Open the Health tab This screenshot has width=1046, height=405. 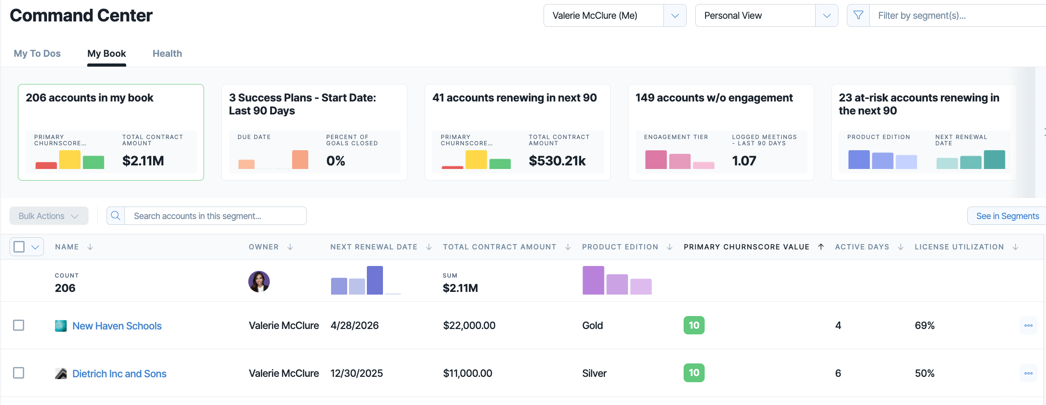[167, 54]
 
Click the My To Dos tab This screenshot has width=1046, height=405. [37, 54]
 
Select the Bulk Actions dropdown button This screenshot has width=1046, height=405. [49, 216]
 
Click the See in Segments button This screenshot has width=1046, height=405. [1007, 216]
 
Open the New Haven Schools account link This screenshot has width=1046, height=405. [117, 326]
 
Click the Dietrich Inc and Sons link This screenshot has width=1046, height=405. [119, 374]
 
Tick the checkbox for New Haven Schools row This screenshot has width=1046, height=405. [19, 325]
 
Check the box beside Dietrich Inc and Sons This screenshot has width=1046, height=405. [19, 373]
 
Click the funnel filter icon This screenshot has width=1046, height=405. [858, 16]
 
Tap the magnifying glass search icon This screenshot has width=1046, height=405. [115, 216]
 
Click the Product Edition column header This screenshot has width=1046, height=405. [620, 247]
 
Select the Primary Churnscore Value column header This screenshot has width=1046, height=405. [746, 247]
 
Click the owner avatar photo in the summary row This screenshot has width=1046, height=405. [259, 282]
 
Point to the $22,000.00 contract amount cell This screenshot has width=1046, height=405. [469, 325]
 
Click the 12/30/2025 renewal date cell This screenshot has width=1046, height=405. [357, 373]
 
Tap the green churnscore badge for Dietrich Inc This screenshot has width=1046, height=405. [694, 373]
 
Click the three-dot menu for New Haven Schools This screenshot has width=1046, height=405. [1028, 325]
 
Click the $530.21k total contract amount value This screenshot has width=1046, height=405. [557, 161]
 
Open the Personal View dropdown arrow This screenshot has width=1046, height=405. [826, 16]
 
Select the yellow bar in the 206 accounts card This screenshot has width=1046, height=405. [70, 160]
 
